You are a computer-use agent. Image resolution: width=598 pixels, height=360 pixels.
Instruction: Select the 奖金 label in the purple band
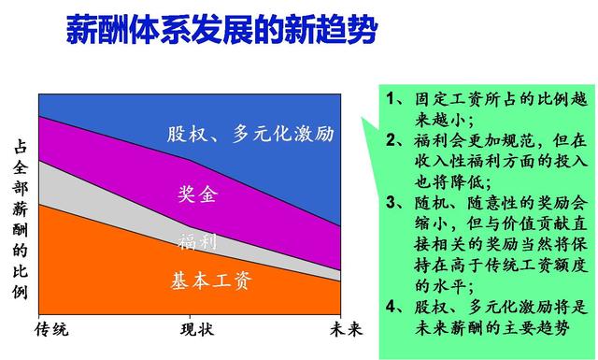(197, 195)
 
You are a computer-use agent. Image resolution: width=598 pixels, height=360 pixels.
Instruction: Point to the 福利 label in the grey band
(197, 242)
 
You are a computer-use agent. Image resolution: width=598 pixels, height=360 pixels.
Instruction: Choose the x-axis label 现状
(196, 330)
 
